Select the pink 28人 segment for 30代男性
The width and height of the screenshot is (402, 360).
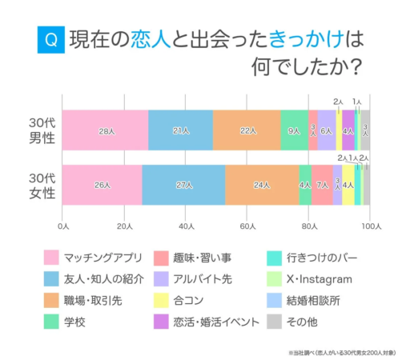pyautogui.click(x=105, y=130)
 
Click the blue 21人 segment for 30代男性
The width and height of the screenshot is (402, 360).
pyautogui.click(x=180, y=130)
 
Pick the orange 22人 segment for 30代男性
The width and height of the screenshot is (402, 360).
pyautogui.click(x=247, y=130)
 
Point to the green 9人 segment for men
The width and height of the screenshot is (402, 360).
pyautogui.click(x=294, y=130)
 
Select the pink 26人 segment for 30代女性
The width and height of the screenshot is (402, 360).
pyautogui.click(x=102, y=185)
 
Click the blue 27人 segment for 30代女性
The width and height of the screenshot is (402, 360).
pyautogui.click(x=183, y=185)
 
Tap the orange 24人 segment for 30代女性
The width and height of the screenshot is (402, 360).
pyautogui.click(x=262, y=185)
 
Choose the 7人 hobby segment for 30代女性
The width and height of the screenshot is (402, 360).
pyautogui.click(x=322, y=185)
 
